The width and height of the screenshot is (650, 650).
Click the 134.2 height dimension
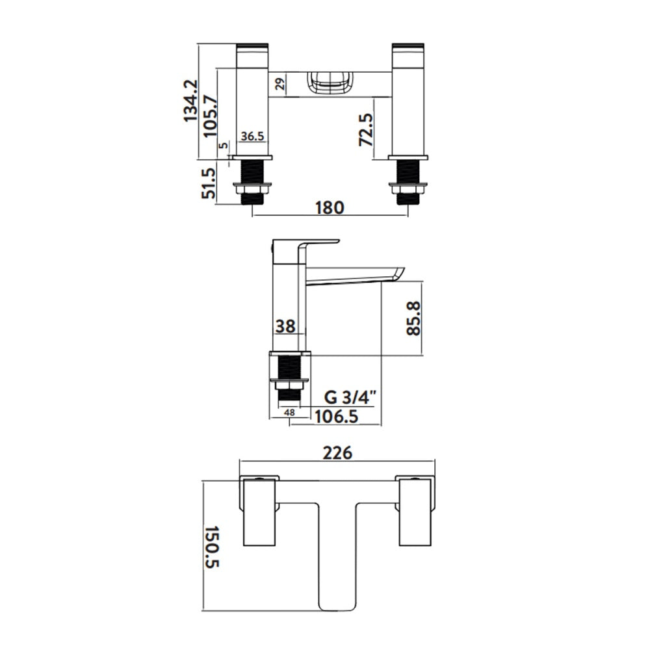coord(191,101)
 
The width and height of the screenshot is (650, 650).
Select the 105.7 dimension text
coord(210,116)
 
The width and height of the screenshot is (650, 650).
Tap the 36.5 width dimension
coord(252,136)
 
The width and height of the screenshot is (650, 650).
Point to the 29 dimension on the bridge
coord(281,84)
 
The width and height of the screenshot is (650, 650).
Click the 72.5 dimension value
coord(365,130)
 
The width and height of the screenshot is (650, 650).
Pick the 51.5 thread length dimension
coord(209,183)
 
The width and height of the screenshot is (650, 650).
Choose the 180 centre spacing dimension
coord(330,207)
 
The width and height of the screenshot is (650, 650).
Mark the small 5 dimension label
coord(224,146)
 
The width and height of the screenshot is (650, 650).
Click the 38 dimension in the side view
coord(285,326)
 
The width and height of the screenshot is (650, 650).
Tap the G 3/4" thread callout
coord(350,398)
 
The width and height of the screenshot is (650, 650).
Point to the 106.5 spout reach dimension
coord(337,416)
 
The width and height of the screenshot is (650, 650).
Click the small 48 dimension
coord(290,413)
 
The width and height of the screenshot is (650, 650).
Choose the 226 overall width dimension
coord(337,452)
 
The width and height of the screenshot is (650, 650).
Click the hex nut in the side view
coord(290,385)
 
